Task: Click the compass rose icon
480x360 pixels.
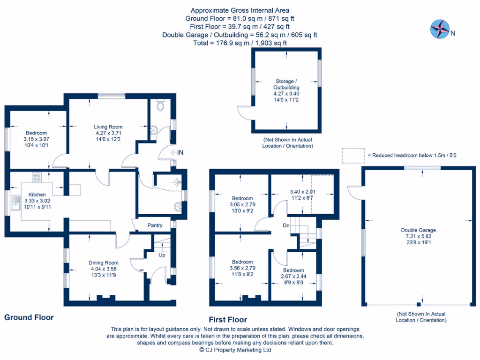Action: pyautogui.click(x=439, y=29)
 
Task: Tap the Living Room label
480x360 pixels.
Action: pyautogui.click(x=108, y=127)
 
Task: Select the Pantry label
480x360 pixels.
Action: pyautogui.click(x=155, y=225)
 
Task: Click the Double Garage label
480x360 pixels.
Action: pyautogui.click(x=418, y=230)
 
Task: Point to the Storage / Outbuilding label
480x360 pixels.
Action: pyautogui.click(x=286, y=84)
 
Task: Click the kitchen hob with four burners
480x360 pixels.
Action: pyautogui.click(x=37, y=177)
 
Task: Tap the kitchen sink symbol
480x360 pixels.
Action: pyautogui.click(x=15, y=203)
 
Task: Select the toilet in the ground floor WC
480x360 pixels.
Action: pyautogui.click(x=161, y=106)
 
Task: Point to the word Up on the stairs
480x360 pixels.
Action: pyautogui.click(x=162, y=255)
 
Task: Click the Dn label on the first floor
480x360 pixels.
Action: pyautogui.click(x=286, y=225)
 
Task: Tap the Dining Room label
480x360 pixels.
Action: pyautogui.click(x=105, y=263)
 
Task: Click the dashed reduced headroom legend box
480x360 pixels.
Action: pyautogui.click(x=353, y=156)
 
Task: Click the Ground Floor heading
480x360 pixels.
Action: pyautogui.click(x=29, y=317)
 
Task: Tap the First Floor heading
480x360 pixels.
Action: pyautogui.click(x=228, y=320)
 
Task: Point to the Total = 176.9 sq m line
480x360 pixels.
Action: pyautogui.click(x=240, y=43)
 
